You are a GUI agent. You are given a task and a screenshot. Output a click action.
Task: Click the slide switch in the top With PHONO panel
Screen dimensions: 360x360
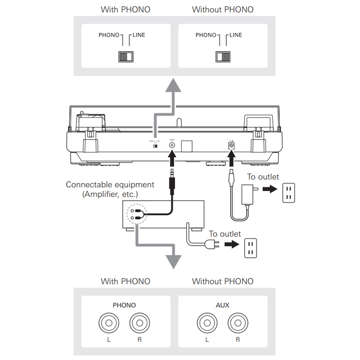[126, 56]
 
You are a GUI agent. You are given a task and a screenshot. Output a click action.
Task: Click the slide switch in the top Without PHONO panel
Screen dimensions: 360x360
[223, 56]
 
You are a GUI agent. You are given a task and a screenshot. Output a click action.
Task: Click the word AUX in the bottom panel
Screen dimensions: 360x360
[222, 305]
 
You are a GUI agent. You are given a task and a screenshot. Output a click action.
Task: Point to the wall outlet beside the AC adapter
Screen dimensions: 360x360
[289, 193]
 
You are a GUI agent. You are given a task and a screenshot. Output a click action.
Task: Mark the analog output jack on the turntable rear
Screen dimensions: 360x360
[172, 145]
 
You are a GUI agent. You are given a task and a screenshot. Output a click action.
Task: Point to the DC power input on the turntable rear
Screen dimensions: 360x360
[232, 145]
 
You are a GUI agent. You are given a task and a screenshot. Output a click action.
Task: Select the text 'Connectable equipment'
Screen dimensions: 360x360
[110, 184]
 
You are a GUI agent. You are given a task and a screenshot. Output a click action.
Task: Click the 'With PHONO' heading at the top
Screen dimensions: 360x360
[125, 9]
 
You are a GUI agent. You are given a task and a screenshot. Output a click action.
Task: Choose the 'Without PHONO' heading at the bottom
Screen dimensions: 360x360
[222, 282]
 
